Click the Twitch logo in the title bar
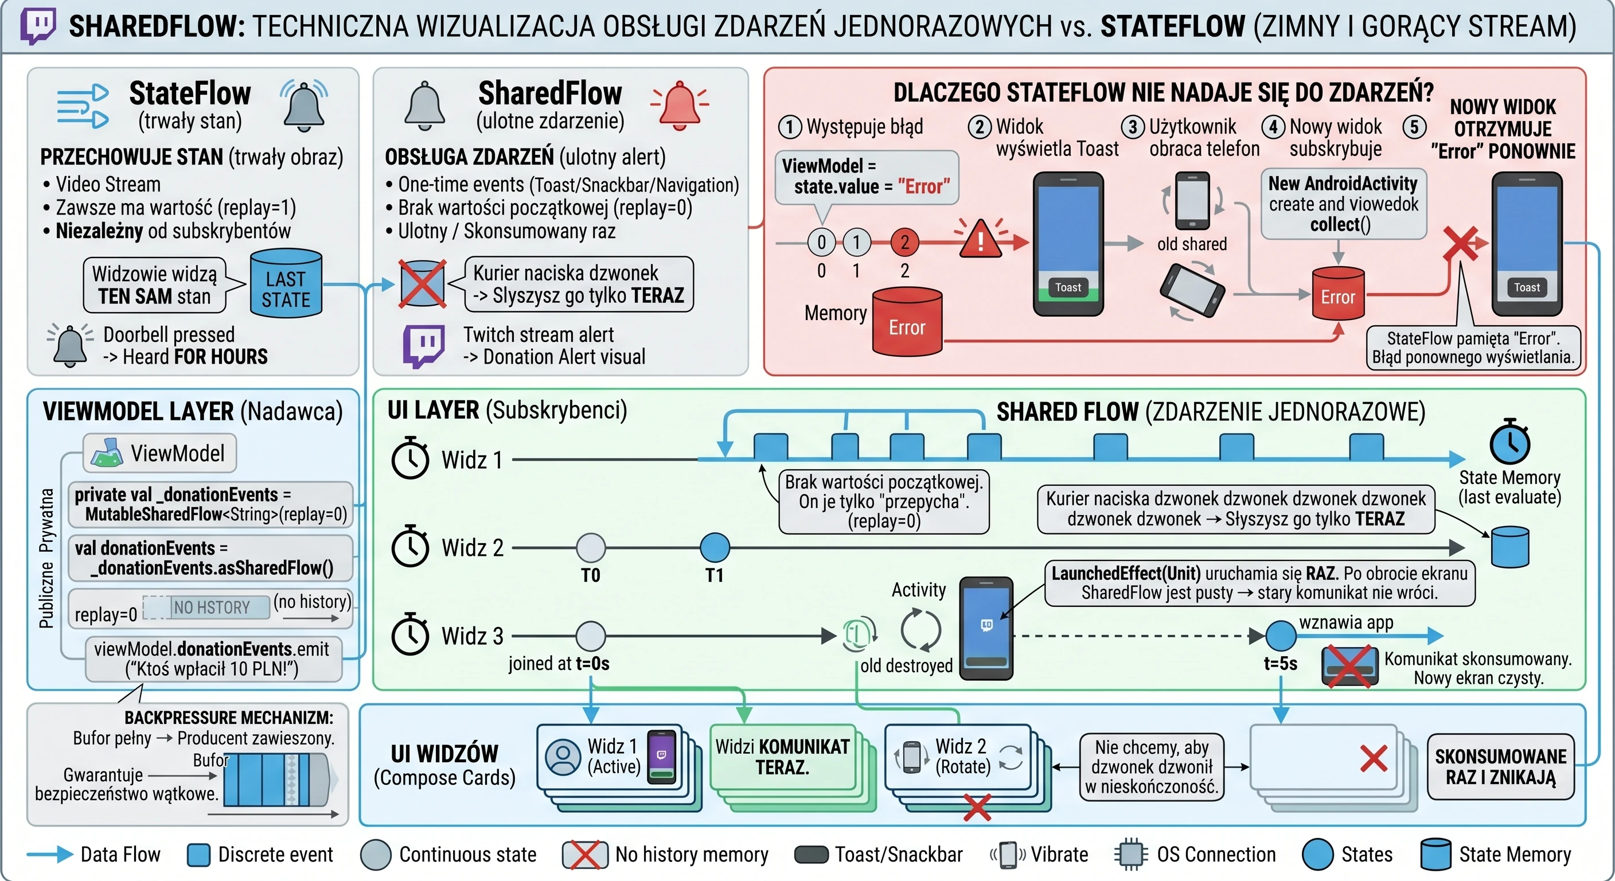tap(38, 26)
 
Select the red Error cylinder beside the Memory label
tap(907, 321)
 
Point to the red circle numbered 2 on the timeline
tap(904, 242)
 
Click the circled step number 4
tap(1273, 127)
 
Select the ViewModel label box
tap(160, 453)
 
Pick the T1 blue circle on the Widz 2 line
tap(715, 547)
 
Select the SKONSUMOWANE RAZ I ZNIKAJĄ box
tap(1500, 766)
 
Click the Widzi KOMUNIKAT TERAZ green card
tap(782, 757)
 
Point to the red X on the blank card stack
tap(1373, 758)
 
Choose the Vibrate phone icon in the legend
tap(1008, 855)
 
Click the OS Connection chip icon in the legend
tap(1131, 855)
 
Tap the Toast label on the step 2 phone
tap(1068, 287)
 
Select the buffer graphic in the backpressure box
tap(276, 779)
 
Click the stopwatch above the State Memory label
tap(1509, 442)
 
